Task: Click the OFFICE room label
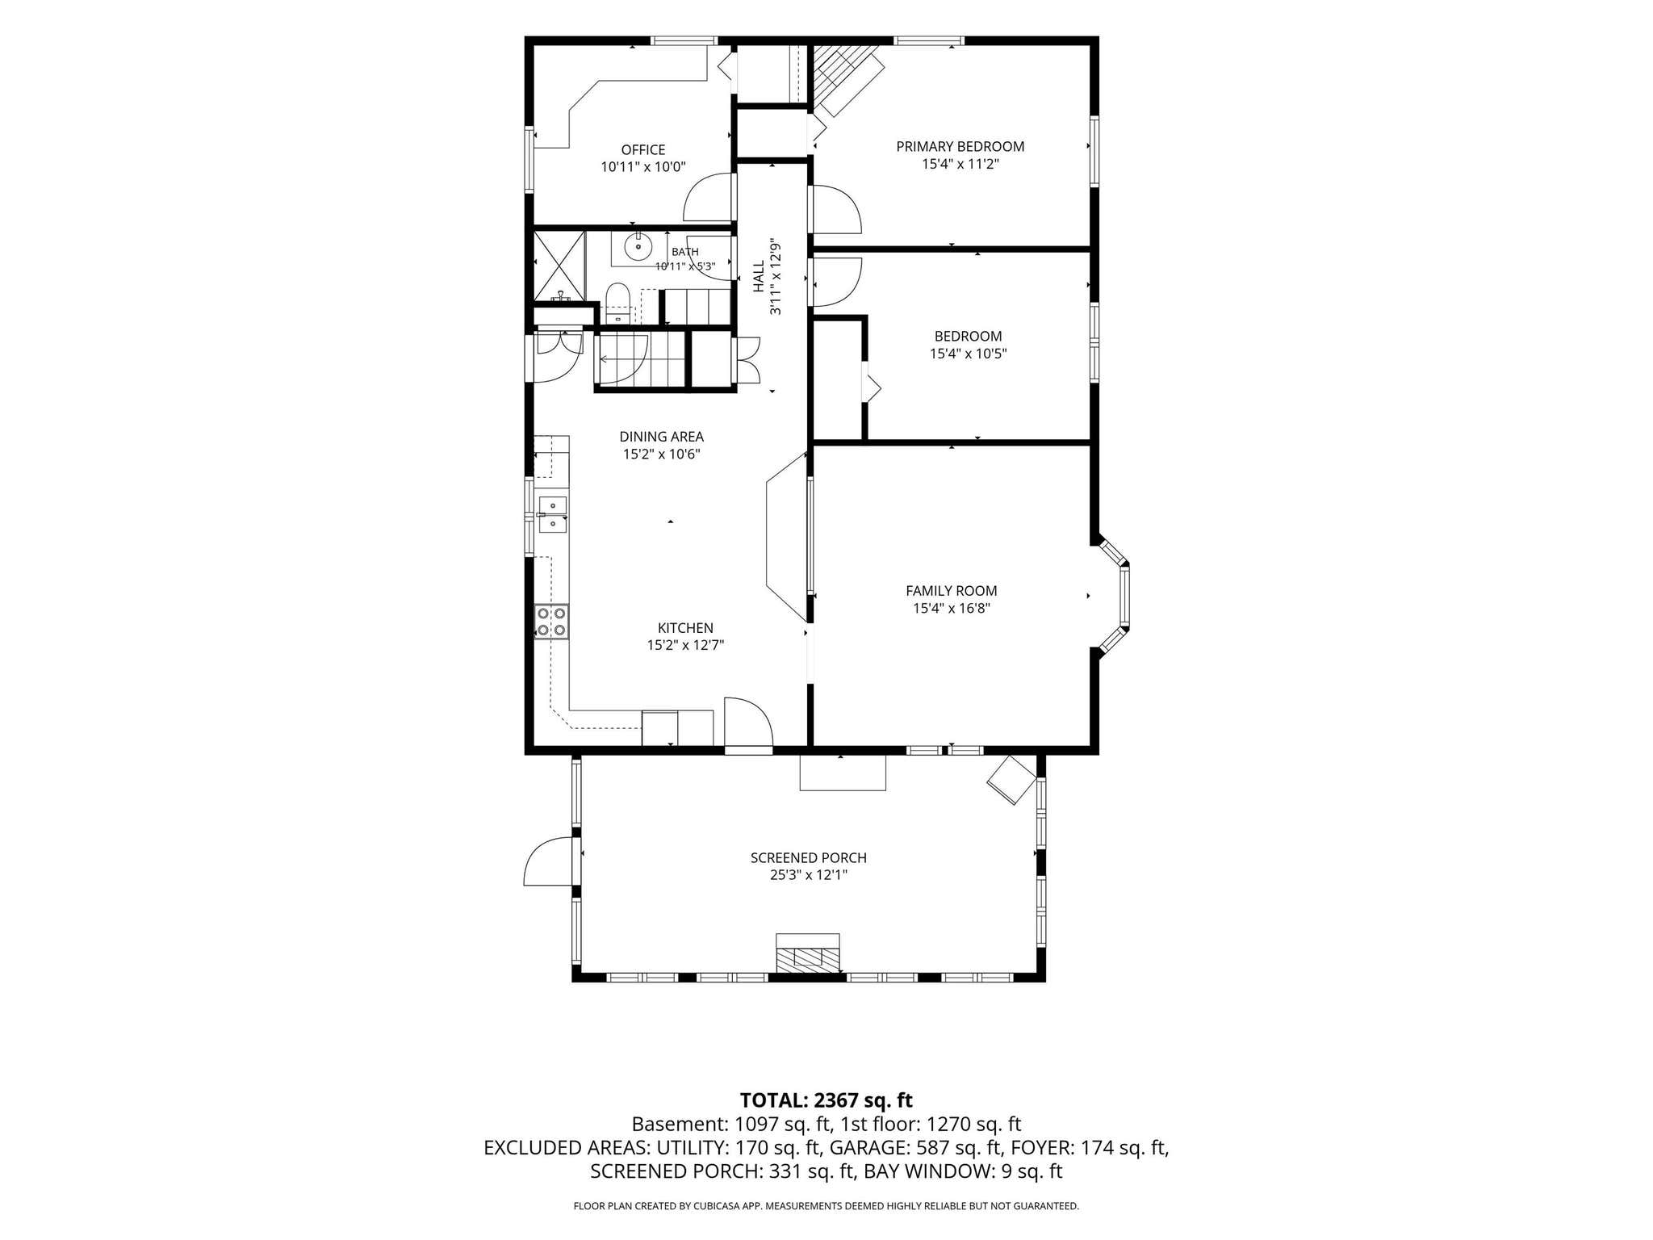click(x=643, y=149)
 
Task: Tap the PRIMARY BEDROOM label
click(x=960, y=146)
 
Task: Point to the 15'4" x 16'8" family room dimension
click(x=952, y=608)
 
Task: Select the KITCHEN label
click(x=685, y=627)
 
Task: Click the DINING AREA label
click(x=662, y=437)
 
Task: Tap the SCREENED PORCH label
click(x=809, y=857)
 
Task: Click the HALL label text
click(x=759, y=276)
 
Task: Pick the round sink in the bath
click(x=638, y=245)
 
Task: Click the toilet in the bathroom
click(x=617, y=303)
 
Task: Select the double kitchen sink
click(x=553, y=514)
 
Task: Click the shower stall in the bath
click(x=559, y=266)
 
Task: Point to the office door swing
click(x=709, y=197)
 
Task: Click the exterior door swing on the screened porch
click(x=549, y=861)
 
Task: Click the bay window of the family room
click(x=1114, y=596)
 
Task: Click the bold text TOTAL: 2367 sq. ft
click(x=826, y=1100)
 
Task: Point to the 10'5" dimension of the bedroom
click(x=992, y=354)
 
